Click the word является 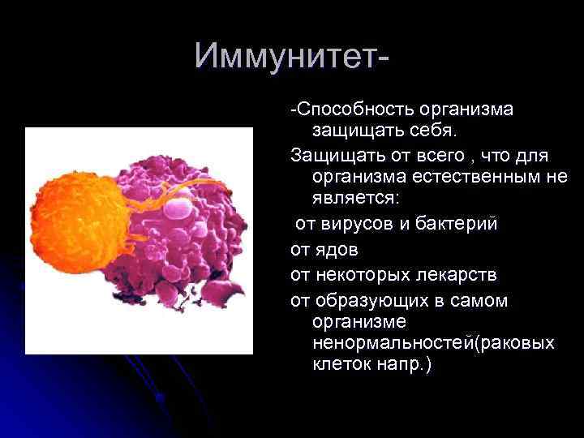[x=358, y=197]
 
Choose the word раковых [x=519, y=343]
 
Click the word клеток [x=340, y=364]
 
